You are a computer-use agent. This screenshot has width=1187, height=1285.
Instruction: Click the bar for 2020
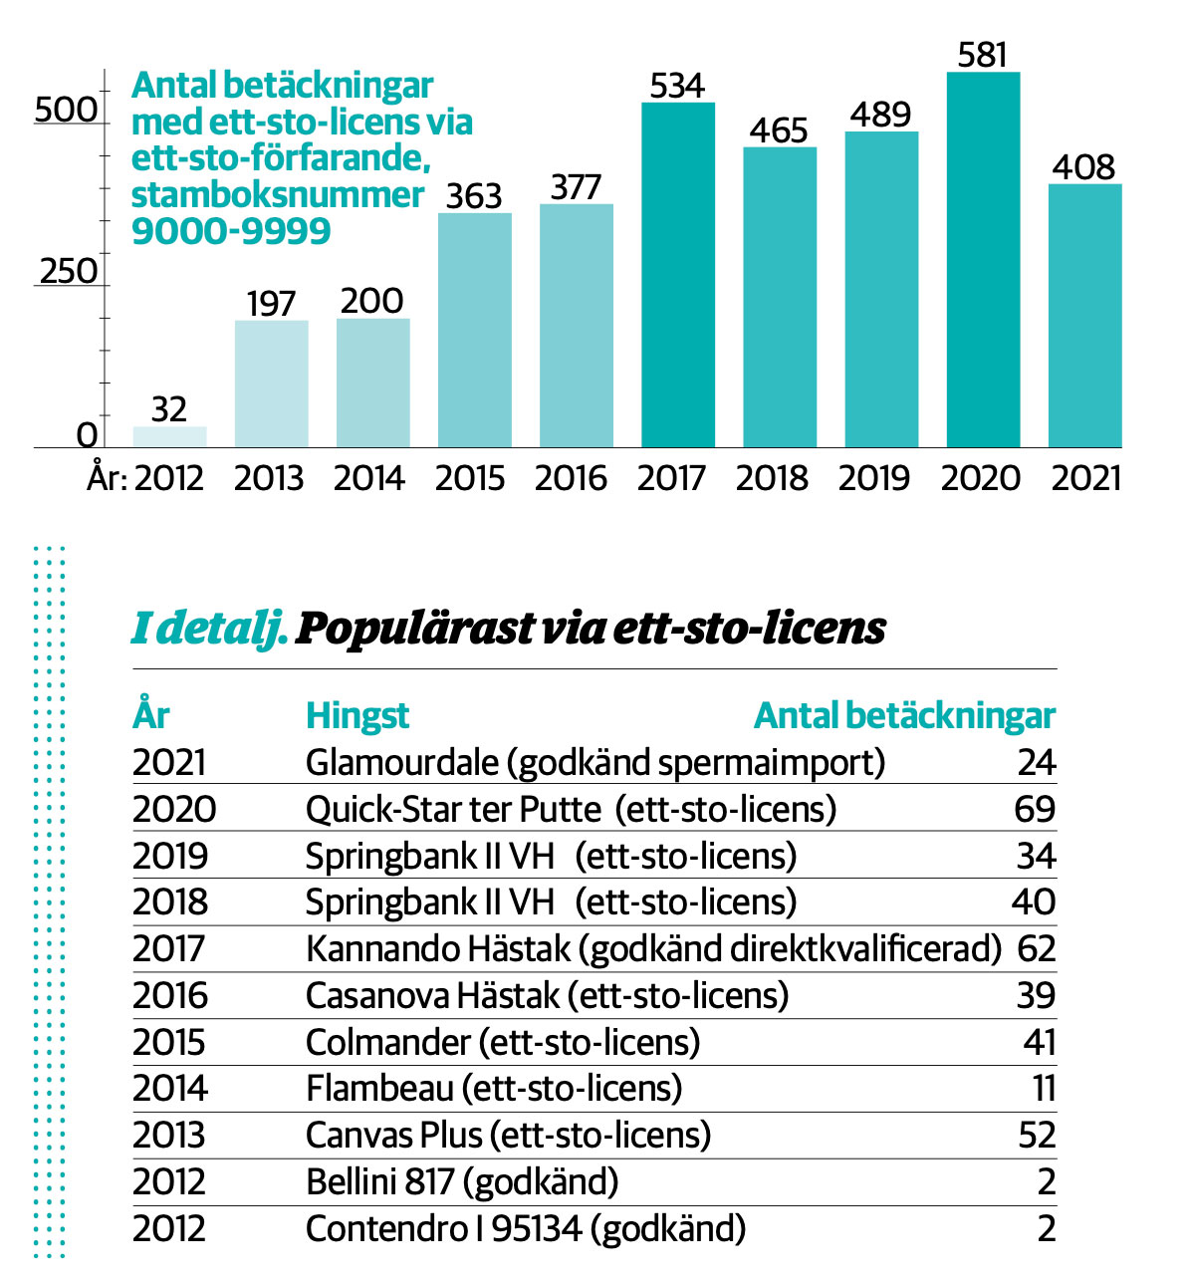[x=983, y=259]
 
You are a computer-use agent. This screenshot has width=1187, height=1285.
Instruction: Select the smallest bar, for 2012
[x=169, y=436]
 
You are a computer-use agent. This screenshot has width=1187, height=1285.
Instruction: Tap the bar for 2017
[x=678, y=274]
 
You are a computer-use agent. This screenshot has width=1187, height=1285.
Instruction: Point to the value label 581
[x=982, y=55]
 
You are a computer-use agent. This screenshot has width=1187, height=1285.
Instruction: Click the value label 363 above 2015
[x=474, y=195]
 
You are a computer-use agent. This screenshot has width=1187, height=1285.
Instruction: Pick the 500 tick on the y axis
[x=66, y=109]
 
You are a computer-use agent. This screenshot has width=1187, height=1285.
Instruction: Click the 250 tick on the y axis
[x=69, y=271]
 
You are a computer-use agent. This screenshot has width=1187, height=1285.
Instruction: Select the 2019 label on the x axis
[x=874, y=478]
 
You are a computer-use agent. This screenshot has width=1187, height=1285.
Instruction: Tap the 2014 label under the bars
[x=369, y=478]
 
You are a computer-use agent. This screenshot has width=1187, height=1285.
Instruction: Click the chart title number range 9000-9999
[x=231, y=231]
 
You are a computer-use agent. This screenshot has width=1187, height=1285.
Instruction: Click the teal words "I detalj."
[x=209, y=629]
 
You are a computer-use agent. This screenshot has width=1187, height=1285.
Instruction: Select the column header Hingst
[x=357, y=715]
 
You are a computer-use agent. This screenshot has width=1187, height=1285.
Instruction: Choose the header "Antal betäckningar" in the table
[x=904, y=715]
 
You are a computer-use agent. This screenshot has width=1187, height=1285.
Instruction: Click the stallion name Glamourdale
[x=401, y=762]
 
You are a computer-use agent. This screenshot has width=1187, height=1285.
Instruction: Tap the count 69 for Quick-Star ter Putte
[x=1035, y=809]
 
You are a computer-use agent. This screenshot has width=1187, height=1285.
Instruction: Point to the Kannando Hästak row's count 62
[x=1037, y=948]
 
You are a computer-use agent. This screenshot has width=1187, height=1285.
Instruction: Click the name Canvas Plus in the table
[x=394, y=1135]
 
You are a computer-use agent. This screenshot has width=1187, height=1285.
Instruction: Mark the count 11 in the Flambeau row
[x=1044, y=1089]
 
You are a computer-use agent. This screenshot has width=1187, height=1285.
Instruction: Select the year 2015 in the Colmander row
[x=169, y=1042]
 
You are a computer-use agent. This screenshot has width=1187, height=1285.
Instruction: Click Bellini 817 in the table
[x=379, y=1181]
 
